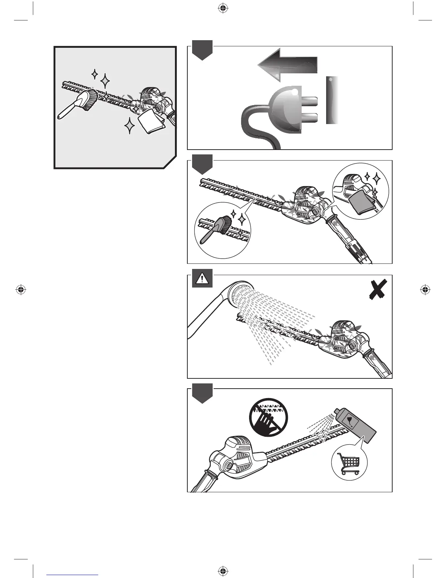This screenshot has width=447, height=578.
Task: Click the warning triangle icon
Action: [x=202, y=280]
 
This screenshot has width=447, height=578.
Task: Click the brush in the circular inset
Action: [x=219, y=228]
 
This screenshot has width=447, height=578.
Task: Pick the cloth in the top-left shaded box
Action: [x=151, y=122]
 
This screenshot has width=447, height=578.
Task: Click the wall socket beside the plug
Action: [x=332, y=100]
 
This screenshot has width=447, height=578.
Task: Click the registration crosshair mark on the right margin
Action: [x=424, y=290]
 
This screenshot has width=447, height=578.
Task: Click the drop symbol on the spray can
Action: [x=350, y=420]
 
